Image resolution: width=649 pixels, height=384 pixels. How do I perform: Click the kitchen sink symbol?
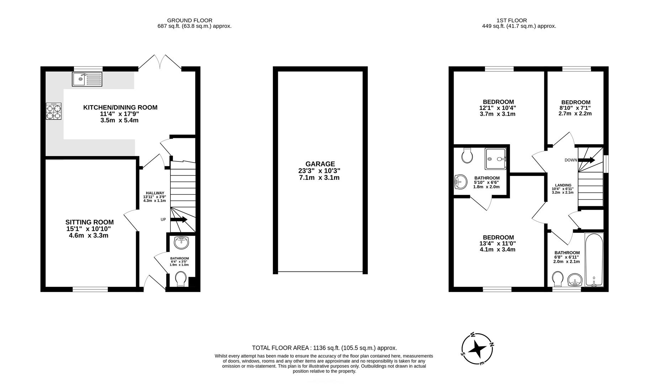[x=87, y=79]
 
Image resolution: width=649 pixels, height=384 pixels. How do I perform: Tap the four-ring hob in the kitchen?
[x=53, y=111]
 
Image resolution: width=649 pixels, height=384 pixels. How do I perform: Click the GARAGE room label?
[x=320, y=164]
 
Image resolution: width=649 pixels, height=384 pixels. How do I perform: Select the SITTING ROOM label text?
[x=90, y=222]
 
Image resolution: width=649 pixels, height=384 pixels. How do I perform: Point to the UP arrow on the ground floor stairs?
[x=179, y=219]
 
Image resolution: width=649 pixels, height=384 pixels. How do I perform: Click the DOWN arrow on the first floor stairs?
[x=586, y=160]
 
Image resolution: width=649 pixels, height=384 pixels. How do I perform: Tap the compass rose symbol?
[x=477, y=349]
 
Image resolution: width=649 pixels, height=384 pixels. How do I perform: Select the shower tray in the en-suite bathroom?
[x=495, y=159]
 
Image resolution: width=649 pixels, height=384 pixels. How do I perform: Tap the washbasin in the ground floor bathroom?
[x=182, y=243]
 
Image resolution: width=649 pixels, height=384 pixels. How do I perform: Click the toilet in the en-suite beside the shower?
[x=466, y=155]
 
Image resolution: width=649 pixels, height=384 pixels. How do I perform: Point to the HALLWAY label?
[x=155, y=193]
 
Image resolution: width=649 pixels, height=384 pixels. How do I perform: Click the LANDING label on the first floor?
[x=563, y=185]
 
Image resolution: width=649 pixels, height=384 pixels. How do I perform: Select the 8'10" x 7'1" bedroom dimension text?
[x=575, y=108]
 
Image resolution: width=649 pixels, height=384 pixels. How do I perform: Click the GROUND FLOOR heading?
[x=190, y=20]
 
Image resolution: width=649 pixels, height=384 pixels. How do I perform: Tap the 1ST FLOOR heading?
[x=512, y=20]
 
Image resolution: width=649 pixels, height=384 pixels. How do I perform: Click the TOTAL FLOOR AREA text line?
[x=324, y=348]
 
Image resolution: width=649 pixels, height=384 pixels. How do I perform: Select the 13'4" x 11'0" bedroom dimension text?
[x=497, y=244]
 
